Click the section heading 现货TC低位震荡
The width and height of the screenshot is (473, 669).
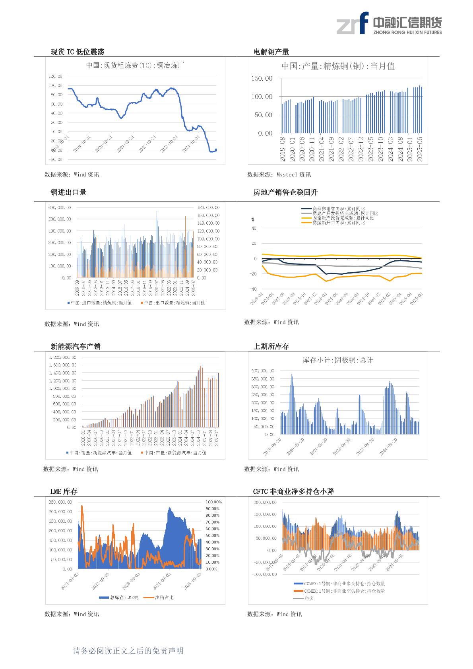tap(78, 52)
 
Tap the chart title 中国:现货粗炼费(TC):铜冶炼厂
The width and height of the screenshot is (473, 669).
tap(135, 66)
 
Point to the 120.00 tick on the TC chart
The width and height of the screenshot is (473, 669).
tap(55, 76)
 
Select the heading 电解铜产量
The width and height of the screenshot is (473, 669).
tap(271, 52)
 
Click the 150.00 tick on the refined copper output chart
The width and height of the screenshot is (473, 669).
tap(262, 78)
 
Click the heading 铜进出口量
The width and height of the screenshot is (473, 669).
tap(68, 192)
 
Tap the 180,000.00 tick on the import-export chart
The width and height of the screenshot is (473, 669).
tap(208, 207)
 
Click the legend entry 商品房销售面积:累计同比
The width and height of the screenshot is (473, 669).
tap(338, 209)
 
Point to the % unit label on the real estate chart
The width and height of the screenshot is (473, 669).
tap(253, 219)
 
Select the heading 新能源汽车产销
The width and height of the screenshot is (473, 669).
tap(76, 346)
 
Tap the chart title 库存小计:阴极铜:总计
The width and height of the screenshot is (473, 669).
tap(337, 360)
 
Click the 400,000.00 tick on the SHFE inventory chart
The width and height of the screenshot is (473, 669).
tap(263, 370)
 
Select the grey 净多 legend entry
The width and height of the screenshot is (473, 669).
tap(309, 598)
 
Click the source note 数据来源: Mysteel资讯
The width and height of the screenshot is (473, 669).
tap(279, 175)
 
